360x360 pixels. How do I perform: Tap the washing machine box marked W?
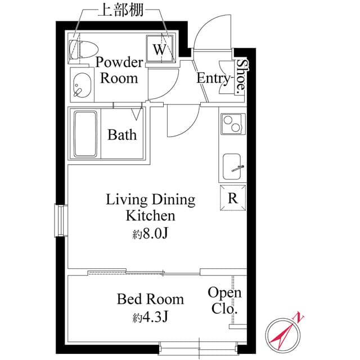coord(161,49)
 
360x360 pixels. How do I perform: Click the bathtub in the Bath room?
coord(85,134)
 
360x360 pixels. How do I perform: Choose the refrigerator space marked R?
coord(232,197)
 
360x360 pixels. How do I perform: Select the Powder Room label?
coord(119,70)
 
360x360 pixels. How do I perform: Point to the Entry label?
coord(213,78)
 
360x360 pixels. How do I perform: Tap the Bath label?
coord(122,135)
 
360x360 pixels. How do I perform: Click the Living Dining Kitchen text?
coord(150,207)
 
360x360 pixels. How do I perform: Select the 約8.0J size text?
coord(150,232)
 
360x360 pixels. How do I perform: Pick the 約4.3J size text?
coord(150,317)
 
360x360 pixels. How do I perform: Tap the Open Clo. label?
coord(224,300)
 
